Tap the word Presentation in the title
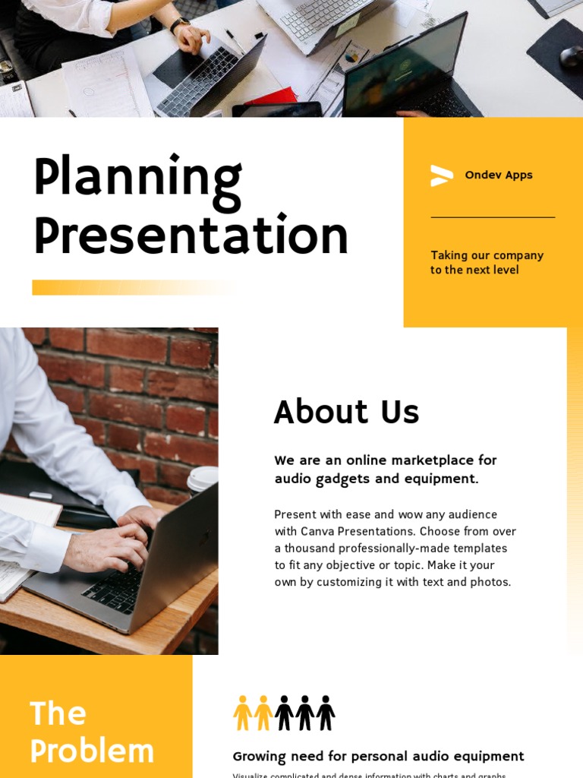click(191, 236)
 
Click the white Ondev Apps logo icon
click(441, 176)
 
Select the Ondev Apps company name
click(498, 175)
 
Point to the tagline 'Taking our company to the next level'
click(487, 262)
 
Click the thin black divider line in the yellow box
click(493, 217)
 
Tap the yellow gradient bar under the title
click(134, 287)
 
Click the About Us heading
click(346, 413)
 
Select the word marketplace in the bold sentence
click(411, 460)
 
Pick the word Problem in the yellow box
click(92, 751)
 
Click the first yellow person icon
click(242, 713)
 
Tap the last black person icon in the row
click(326, 713)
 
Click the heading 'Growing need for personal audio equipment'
click(378, 756)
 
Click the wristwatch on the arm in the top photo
click(179, 24)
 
